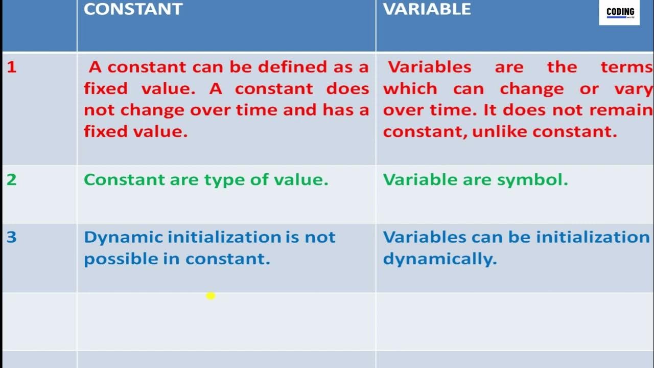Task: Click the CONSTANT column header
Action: pyautogui.click(x=133, y=9)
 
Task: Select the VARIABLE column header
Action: pyautogui.click(x=427, y=9)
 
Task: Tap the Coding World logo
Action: pyautogui.click(x=619, y=12)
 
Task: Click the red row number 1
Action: pyautogui.click(x=11, y=67)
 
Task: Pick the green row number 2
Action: pyautogui.click(x=11, y=179)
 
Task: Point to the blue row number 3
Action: pyautogui.click(x=11, y=237)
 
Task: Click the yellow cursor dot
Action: pyautogui.click(x=211, y=295)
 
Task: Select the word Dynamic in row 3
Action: pyautogui.click(x=123, y=237)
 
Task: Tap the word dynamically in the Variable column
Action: pyautogui.click(x=439, y=259)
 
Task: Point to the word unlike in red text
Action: pyautogui.click(x=500, y=132)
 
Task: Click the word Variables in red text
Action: pyautogui.click(x=430, y=67)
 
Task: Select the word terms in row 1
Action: pyautogui.click(x=627, y=67)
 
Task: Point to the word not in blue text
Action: pyautogui.click(x=320, y=237)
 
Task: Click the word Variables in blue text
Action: pyautogui.click(x=425, y=237)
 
